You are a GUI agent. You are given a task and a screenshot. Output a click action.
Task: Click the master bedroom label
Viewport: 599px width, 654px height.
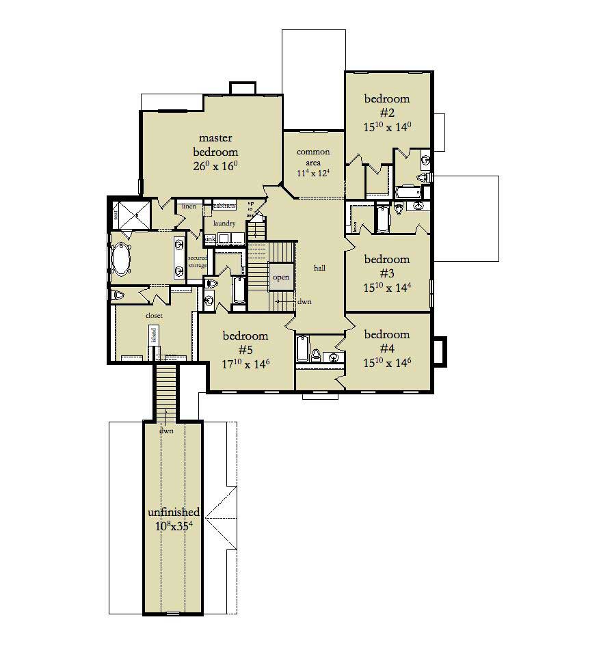tap(215, 146)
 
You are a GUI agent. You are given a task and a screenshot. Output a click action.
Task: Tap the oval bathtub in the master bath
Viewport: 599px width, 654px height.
tap(123, 260)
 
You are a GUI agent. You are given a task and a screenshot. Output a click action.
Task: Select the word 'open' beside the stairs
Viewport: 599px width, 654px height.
tap(281, 277)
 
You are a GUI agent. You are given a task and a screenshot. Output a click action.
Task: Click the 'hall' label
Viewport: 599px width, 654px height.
tap(319, 269)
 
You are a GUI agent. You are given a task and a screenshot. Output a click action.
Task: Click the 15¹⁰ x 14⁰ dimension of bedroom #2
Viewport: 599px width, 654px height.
tap(387, 126)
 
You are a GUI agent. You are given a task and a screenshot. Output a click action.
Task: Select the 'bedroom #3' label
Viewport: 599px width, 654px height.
tap(386, 266)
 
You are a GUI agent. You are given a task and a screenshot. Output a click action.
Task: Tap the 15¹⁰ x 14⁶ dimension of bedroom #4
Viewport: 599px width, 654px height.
tap(387, 362)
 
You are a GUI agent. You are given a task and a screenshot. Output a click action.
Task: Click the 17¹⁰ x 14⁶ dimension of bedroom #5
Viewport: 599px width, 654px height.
tap(245, 364)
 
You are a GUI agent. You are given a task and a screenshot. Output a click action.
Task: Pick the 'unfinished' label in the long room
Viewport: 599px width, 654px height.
tap(174, 512)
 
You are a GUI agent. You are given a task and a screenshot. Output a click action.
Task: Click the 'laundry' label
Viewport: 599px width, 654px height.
tap(224, 223)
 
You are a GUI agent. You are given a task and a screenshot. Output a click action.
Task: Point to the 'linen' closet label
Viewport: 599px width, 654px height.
tap(189, 206)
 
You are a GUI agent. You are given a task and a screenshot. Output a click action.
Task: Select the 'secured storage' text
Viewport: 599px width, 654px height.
tap(198, 261)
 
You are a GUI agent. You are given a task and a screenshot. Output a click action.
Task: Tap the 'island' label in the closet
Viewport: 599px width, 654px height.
tap(154, 334)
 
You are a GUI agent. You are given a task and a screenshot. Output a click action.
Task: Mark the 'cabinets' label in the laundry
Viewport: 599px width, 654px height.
tap(224, 206)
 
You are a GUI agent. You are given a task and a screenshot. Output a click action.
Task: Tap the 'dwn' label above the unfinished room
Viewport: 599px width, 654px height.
tap(166, 431)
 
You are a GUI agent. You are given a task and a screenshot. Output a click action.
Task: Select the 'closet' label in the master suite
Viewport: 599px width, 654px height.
tap(154, 316)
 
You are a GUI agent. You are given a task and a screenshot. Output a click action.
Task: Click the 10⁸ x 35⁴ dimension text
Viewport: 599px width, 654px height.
tap(174, 526)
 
